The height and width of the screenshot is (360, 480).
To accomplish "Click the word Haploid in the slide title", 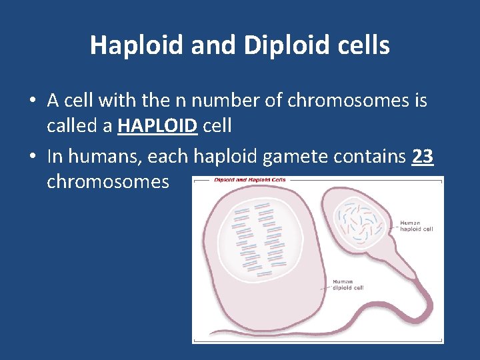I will (x=137, y=45).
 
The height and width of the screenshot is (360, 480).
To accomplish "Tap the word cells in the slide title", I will (x=365, y=45).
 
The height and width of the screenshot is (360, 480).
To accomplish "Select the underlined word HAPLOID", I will (x=157, y=127).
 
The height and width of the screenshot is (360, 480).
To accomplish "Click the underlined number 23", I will (x=423, y=157).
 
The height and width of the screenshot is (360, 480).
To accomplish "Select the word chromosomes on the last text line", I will (x=108, y=181).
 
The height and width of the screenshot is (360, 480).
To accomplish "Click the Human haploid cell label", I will (x=416, y=225).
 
